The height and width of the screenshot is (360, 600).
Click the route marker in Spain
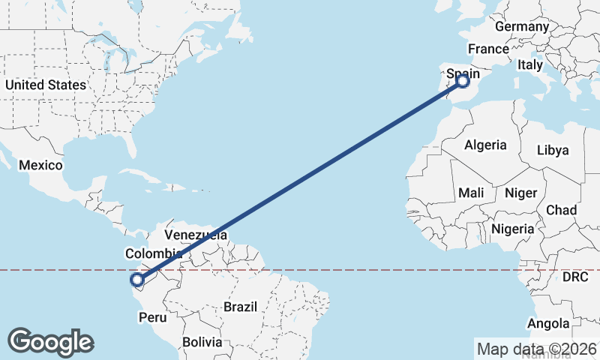tap(463, 80)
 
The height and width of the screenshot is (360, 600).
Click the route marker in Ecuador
tap(137, 280)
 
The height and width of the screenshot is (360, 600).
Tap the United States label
tap(46, 85)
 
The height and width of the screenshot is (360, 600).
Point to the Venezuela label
tap(195, 235)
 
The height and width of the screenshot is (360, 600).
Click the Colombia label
tap(154, 253)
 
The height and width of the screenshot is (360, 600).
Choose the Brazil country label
tap(241, 307)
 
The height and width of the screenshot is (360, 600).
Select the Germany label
tap(522, 26)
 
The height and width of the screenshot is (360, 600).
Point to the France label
tap(488, 49)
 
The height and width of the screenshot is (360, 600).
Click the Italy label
tap(529, 65)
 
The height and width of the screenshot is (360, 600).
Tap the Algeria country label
tap(485, 145)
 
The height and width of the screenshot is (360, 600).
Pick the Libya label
tap(553, 150)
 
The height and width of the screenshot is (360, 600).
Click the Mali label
tap(471, 193)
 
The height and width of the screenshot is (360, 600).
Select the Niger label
tap(520, 193)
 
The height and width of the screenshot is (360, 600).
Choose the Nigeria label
tap(513, 228)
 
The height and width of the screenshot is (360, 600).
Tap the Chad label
tap(562, 210)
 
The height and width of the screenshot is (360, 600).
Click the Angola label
tap(549, 324)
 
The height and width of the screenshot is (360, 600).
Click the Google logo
tap(50, 342)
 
